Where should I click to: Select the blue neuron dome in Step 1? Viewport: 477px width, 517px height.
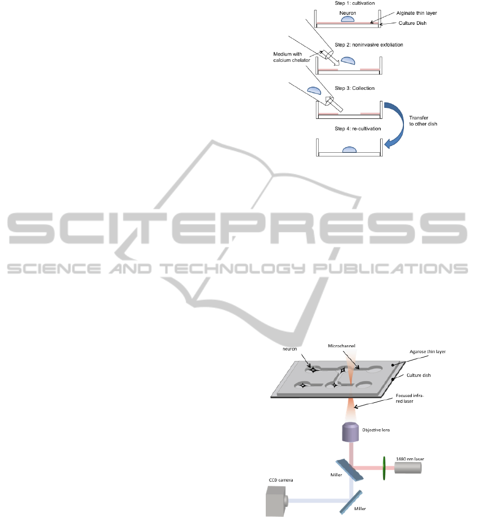pyautogui.click(x=347, y=19)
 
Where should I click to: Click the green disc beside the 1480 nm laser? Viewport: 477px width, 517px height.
pyautogui.click(x=383, y=468)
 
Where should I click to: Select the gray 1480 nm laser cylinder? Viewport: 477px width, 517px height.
pyautogui.click(x=408, y=468)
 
